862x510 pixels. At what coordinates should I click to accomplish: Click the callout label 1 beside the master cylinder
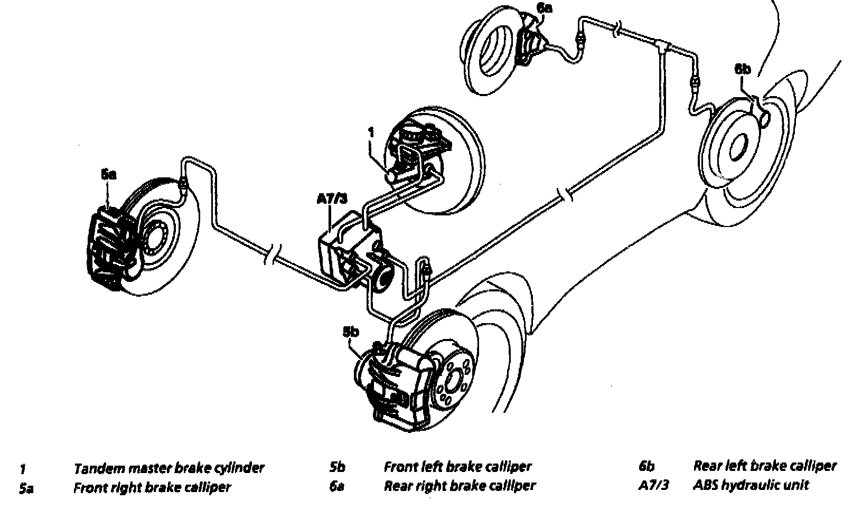tap(371, 132)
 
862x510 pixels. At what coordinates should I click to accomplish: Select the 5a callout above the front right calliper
tap(108, 174)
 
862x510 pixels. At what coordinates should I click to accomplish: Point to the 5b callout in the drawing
tap(351, 332)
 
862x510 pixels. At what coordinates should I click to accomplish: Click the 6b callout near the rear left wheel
tap(742, 69)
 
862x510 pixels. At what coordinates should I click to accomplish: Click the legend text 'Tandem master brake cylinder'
tap(168, 468)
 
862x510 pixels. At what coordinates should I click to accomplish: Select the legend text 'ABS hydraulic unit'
tap(750, 485)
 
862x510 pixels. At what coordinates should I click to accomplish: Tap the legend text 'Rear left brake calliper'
tap(764, 466)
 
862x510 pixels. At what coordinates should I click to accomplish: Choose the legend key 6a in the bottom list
tap(336, 486)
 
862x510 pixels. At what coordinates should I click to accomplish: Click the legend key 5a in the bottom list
tap(26, 488)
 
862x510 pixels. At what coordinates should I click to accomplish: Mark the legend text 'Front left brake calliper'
tap(457, 467)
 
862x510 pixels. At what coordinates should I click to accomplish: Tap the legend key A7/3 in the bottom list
tap(653, 485)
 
